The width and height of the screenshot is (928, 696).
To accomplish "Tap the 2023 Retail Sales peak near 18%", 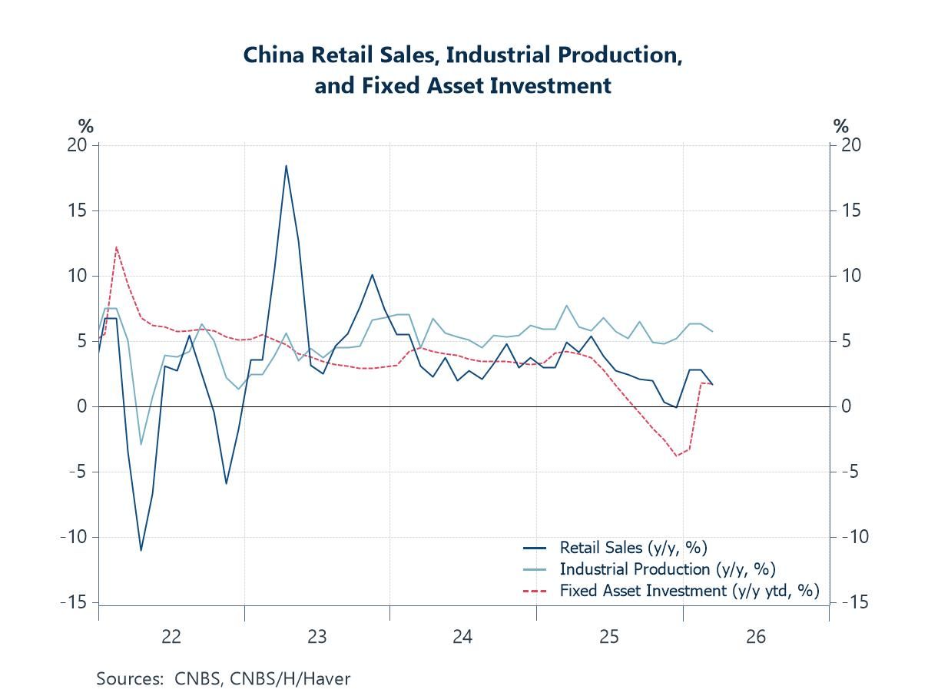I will point(286,166).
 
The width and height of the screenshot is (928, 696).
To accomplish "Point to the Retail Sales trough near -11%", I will point(141,549).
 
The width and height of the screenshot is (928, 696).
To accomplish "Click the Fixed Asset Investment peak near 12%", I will point(116,247).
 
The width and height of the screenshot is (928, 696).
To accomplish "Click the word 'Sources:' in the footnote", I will point(125,679).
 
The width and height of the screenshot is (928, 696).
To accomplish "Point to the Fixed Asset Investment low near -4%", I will point(677,456).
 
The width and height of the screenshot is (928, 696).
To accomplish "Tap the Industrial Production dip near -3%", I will point(141,444).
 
